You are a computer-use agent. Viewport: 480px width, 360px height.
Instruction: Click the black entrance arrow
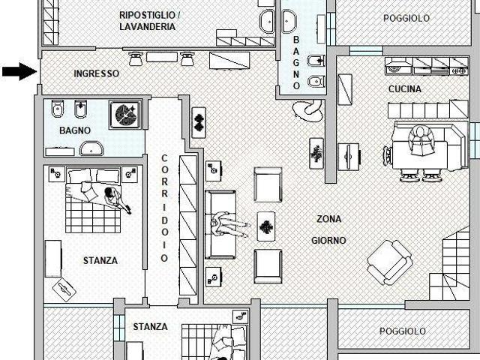click(x=19, y=72)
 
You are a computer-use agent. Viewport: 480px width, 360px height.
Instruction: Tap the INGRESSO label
click(x=97, y=73)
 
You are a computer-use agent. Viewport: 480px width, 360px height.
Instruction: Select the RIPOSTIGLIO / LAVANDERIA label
click(x=148, y=21)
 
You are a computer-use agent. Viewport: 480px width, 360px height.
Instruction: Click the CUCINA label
click(x=405, y=89)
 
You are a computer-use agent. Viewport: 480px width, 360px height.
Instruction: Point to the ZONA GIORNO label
click(x=328, y=229)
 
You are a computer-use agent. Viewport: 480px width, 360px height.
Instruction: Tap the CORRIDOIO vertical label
click(x=164, y=208)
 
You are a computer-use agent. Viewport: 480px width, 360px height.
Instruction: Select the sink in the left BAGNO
click(x=91, y=148)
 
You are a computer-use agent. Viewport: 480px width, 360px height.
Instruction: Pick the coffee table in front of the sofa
click(x=266, y=226)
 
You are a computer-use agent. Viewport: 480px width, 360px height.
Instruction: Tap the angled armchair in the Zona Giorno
click(x=390, y=262)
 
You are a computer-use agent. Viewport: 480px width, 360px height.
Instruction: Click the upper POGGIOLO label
click(x=406, y=18)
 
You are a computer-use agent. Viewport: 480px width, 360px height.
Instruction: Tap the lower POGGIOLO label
click(x=402, y=331)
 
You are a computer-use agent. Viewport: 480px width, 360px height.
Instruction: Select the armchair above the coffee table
click(x=268, y=184)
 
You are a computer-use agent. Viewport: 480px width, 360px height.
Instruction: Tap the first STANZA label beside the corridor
click(x=100, y=260)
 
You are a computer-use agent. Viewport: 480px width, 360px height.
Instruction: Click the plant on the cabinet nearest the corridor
click(x=199, y=122)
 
